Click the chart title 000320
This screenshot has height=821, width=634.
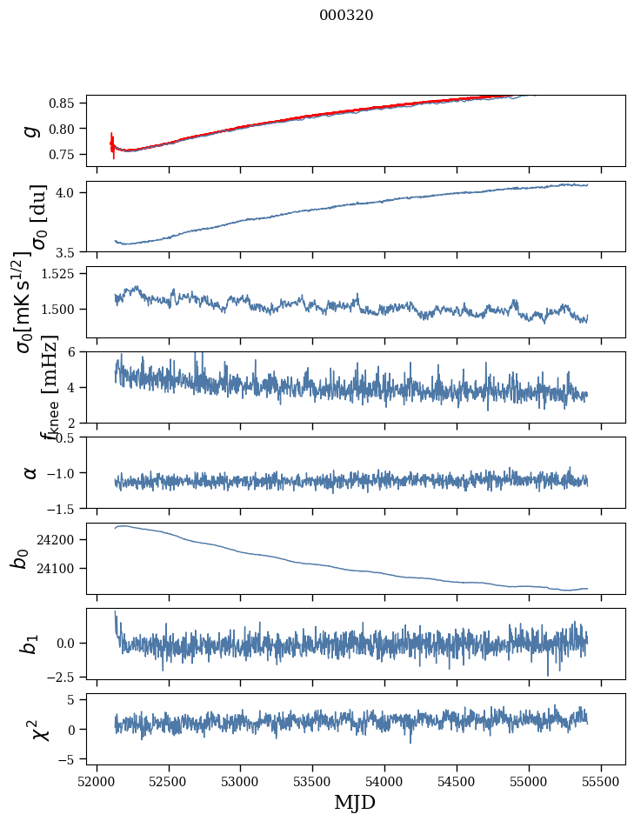coord(346,16)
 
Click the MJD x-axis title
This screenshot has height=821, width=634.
coord(355,802)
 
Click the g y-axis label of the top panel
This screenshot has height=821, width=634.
coord(30,130)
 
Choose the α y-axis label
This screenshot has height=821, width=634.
coord(30,472)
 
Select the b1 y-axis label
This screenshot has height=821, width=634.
coord(30,644)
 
